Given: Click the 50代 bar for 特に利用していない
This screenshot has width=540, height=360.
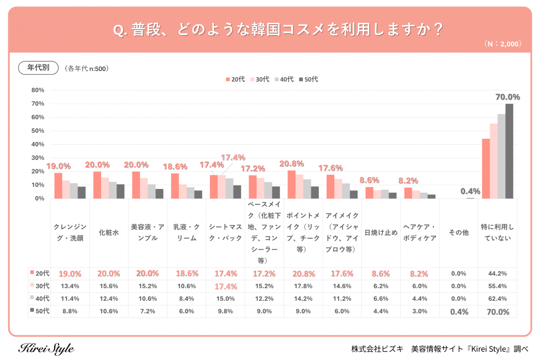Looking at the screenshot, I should [509, 151].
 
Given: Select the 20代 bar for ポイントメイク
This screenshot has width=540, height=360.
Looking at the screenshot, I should [292, 185].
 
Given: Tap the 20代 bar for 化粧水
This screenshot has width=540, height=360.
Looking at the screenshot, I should [97, 185].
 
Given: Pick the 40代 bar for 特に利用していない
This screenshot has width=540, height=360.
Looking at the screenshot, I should [501, 156].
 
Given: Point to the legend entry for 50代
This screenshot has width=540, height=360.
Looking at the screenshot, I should [308, 79].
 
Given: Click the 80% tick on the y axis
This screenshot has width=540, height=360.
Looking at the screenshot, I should [38, 90].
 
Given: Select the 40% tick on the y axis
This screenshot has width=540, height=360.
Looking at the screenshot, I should [38, 144].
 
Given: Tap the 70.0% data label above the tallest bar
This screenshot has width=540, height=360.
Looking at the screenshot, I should [507, 97].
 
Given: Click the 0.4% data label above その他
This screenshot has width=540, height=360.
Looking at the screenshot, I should [470, 191].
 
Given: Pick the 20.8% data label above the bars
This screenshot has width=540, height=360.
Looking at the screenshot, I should [292, 164].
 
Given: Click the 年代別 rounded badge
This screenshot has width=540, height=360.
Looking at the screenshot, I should [38, 68].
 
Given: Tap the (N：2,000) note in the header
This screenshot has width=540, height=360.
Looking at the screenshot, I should [503, 44].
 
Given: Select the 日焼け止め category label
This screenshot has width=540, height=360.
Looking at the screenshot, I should [381, 232].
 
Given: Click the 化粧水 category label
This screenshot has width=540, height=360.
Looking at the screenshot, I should [109, 232].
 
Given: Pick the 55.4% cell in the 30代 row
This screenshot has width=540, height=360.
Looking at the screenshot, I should [497, 286].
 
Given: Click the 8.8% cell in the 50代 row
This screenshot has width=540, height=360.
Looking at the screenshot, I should [70, 311].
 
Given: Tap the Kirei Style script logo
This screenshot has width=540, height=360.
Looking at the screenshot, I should [46, 349].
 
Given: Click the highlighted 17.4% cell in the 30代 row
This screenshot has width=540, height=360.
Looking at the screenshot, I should [226, 287].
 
